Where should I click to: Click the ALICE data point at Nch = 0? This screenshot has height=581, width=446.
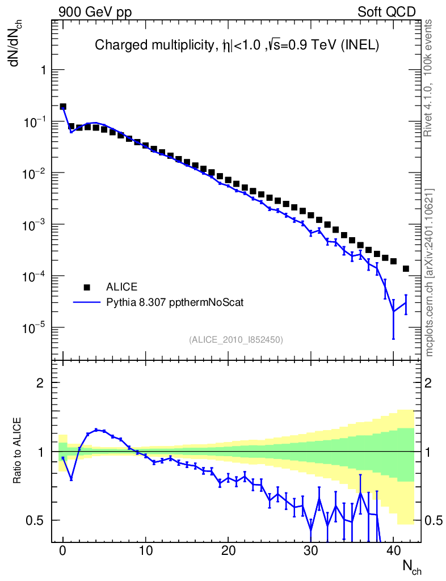[63, 107]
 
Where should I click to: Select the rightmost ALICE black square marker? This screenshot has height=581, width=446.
[406, 268]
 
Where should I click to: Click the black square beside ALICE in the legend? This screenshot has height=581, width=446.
[87, 287]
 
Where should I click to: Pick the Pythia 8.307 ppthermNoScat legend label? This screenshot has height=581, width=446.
[175, 302]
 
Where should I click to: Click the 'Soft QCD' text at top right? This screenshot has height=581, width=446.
[386, 12]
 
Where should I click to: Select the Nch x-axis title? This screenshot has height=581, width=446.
[412, 566]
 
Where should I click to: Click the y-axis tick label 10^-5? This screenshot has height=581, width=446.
[35, 328]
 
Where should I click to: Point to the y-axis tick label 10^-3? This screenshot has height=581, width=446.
[35, 225]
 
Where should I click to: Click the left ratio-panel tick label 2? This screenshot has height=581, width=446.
[40, 383]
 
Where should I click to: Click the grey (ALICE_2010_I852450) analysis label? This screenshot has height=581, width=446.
[236, 340]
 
